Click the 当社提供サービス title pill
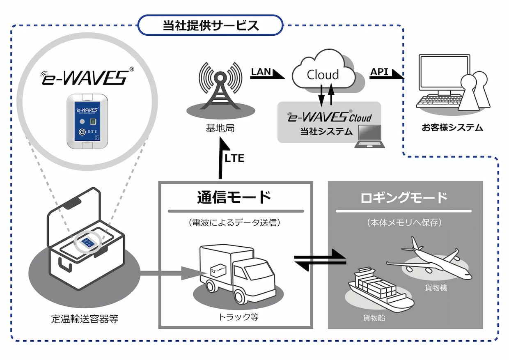tap(211, 25)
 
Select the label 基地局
tap(220, 128)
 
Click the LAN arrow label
tap(261, 72)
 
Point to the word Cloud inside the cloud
tap(323, 75)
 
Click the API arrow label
tap(379, 72)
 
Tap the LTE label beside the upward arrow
tap(234, 158)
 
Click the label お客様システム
tap(452, 128)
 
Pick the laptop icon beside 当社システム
tap(369, 136)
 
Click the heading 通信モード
tap(234, 197)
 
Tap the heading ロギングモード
tap(404, 197)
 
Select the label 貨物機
tap(436, 288)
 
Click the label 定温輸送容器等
tap(85, 319)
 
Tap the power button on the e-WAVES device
tap(82, 132)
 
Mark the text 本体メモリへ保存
tap(404, 222)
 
